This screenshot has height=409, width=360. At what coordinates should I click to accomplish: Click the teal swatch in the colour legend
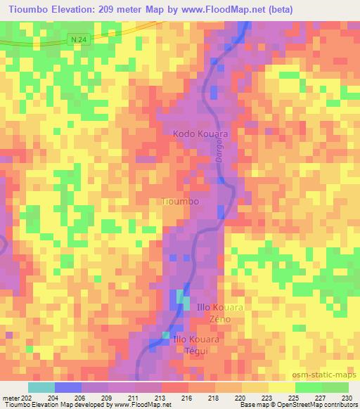coord(41,387)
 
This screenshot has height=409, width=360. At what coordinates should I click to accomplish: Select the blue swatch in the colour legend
coord(68,387)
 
